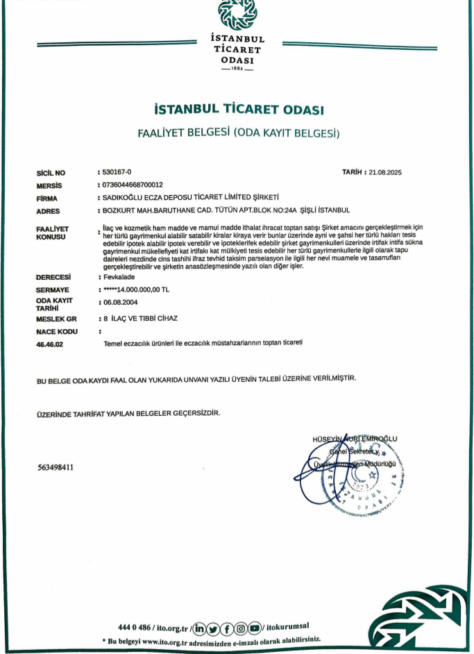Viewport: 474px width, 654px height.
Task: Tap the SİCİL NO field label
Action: click(x=51, y=171)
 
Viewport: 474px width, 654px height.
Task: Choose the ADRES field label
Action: click(x=48, y=211)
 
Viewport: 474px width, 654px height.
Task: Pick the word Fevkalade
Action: click(x=120, y=276)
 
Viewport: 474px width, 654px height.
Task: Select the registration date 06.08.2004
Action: click(x=123, y=303)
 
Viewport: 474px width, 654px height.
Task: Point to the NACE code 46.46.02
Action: click(x=49, y=344)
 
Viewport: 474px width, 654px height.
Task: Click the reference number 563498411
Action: click(x=56, y=467)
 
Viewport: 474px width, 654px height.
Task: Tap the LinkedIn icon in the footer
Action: click(x=200, y=628)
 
